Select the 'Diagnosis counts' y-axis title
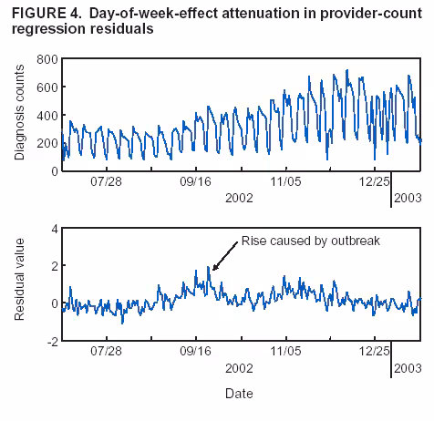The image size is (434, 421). point(20,114)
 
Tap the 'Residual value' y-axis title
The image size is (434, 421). point(20,283)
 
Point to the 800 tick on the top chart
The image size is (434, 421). point(45,59)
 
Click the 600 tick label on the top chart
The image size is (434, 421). point(45,87)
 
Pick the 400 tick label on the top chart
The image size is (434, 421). point(45,116)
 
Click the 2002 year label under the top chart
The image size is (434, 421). point(239,197)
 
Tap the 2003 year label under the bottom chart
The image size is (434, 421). point(407,365)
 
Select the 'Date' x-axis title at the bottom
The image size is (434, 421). point(239,394)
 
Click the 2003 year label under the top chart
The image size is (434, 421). point(407,197)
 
